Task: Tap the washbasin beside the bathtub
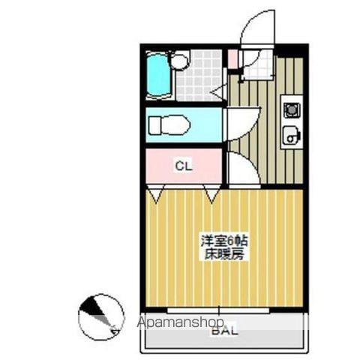pos(179,61)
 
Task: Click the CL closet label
pos(183,166)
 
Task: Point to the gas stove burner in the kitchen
pos(290,109)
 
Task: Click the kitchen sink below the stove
pos(290,136)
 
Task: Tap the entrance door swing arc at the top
pos(259,28)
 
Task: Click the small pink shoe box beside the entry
pos(233,59)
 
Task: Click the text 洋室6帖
pos(223,241)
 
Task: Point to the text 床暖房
pos(223,254)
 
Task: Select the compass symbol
pos(100,316)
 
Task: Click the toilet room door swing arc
pos(243,120)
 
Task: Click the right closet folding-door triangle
pos(211,196)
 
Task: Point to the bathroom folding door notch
pos(218,92)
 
